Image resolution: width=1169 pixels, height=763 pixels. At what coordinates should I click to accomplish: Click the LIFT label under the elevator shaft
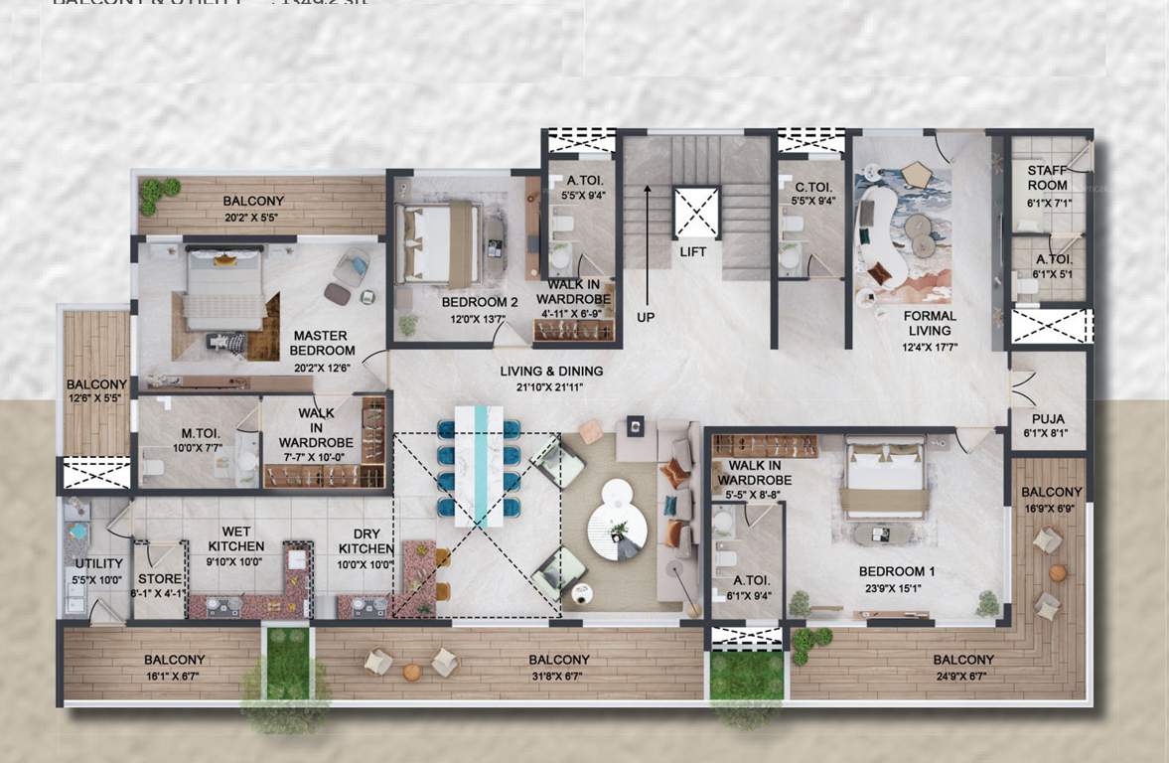coord(693,251)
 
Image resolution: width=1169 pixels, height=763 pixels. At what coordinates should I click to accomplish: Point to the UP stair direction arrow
coord(647,248)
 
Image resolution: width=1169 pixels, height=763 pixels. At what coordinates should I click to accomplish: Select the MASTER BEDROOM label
coord(322,344)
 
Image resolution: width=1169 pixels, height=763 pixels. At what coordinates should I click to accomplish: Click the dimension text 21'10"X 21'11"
coord(551,387)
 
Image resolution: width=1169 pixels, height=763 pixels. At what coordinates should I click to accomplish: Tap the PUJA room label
coord(1047,419)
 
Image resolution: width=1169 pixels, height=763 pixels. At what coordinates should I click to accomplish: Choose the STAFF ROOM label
coord(1047,178)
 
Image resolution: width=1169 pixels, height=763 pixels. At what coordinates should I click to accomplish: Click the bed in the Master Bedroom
coord(224,288)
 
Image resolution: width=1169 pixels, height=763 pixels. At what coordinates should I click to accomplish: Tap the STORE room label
coord(160,579)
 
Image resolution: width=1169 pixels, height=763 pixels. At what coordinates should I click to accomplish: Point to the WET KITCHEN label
coord(235,539)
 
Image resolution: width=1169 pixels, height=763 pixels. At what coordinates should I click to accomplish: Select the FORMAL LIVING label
coord(929,324)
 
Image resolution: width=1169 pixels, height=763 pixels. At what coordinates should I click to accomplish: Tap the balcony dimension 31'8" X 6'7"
coord(558,676)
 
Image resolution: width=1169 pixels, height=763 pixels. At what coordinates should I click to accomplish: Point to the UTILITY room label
coord(98,564)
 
